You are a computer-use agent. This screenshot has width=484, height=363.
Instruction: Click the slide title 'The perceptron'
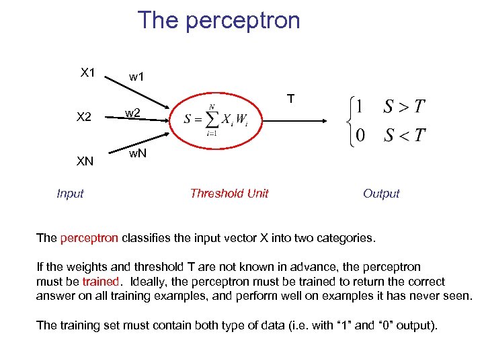[218, 21]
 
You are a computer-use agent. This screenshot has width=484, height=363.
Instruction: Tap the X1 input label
[87, 73]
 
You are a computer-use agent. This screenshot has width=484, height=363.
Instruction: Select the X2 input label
[84, 117]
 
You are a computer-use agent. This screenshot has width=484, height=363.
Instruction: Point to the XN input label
[85, 161]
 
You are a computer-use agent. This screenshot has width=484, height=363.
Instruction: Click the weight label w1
[137, 77]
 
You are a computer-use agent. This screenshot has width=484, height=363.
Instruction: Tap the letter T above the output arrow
[290, 99]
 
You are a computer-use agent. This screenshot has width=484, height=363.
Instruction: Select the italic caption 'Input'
[70, 194]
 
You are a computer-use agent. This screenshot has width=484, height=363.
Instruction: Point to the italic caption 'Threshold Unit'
[229, 194]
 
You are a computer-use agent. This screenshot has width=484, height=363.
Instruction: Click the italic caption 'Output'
[380, 194]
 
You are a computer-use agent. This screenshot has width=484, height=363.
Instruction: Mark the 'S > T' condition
[403, 106]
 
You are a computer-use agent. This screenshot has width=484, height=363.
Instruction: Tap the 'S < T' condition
[403, 135]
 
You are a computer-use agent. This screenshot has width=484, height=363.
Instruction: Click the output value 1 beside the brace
[360, 106]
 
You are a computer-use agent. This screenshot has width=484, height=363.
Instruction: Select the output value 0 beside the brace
[360, 135]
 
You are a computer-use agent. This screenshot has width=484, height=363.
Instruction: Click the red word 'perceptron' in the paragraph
[89, 237]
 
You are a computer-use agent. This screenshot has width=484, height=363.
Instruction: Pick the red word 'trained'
[100, 281]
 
